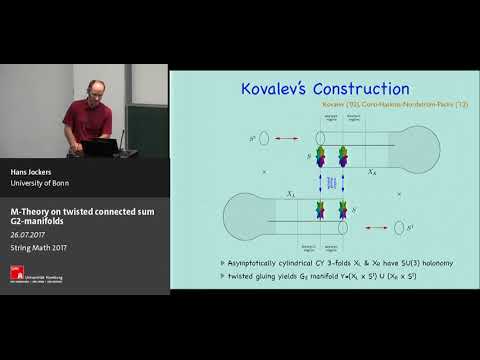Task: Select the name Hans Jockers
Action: coord(31,172)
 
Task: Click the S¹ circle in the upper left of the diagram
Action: coord(264,138)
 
